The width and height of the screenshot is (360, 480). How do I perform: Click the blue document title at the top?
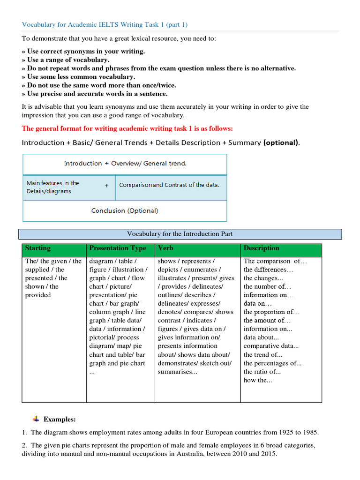pos(105,25)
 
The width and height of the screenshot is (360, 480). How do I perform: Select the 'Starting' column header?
pos(38,248)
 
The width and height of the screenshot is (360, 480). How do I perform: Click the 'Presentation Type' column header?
pos(118,248)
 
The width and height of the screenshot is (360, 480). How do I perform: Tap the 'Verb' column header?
pos(166,248)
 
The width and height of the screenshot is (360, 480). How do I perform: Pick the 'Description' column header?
pos(262,248)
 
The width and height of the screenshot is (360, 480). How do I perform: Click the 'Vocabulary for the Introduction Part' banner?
pos(180,234)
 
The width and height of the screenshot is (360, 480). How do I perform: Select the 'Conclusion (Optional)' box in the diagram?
pos(125,211)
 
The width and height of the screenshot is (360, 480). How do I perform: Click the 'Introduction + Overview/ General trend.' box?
pos(125,164)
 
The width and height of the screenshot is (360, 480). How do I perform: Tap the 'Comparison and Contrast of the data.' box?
pos(169,185)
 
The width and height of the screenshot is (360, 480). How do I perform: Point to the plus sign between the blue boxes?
pos(106,186)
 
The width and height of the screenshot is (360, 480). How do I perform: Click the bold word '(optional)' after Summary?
pos(280,142)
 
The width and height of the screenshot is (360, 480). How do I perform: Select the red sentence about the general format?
pos(127,128)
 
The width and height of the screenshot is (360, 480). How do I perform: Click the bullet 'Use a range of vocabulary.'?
pos(68,60)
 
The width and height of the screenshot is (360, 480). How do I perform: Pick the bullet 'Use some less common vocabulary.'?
pos(81,76)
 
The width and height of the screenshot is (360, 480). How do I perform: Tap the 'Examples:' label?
pos(60,419)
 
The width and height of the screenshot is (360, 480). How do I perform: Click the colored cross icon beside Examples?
pos(37,418)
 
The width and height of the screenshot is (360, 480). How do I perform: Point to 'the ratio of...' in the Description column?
pos(262,372)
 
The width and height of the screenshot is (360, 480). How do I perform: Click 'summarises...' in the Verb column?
pos(178,372)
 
